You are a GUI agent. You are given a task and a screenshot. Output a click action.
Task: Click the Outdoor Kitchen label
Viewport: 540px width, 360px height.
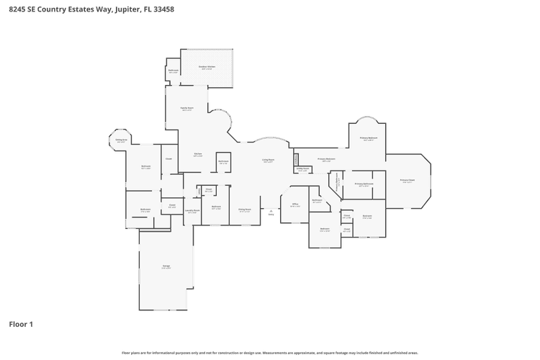click(207, 67)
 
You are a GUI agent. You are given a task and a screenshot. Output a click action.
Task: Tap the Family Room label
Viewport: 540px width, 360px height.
click(186, 109)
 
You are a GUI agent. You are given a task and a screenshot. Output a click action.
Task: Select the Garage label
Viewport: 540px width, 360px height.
click(166, 267)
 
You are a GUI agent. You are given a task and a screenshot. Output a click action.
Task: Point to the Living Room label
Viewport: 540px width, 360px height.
click(268, 161)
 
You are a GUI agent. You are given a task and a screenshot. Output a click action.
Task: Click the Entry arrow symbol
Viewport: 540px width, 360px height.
click(271, 211)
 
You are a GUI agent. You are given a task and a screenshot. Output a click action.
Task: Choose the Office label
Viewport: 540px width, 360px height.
click(294, 204)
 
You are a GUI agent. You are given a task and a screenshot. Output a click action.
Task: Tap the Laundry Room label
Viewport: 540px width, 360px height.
click(193, 212)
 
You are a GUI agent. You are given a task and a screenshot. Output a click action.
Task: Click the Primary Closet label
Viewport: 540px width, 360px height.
click(408, 181)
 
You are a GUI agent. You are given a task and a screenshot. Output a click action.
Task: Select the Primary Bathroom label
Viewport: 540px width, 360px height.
click(364, 184)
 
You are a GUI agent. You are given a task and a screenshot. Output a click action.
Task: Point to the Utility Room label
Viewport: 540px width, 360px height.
click(303, 170)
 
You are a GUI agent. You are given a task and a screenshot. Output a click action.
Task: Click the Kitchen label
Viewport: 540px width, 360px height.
click(197, 154)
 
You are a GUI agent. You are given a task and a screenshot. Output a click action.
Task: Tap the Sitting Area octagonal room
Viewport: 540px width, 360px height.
click(121, 141)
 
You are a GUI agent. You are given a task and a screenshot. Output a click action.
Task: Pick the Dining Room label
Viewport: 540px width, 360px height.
click(244, 210)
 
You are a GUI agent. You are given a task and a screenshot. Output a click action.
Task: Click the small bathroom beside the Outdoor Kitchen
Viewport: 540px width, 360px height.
click(173, 71)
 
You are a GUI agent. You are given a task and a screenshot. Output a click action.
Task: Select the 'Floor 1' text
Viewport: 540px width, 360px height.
click(21, 324)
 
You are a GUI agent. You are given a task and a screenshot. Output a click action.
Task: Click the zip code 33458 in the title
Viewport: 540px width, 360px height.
click(163, 10)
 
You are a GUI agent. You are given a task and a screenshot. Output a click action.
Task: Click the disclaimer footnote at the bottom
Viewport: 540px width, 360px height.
click(270, 353)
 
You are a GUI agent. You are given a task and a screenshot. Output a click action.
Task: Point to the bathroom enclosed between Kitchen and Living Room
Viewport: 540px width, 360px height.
click(223, 162)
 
